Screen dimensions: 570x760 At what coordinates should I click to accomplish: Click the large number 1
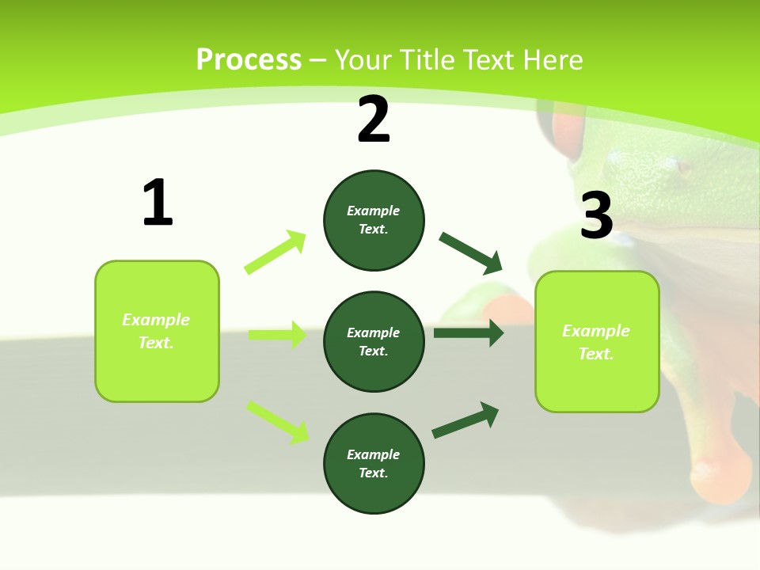(x=158, y=203)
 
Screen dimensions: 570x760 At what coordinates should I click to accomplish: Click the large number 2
(x=374, y=120)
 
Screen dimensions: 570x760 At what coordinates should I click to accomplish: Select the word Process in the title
(x=249, y=59)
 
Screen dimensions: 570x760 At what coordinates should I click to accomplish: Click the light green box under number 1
(x=157, y=331)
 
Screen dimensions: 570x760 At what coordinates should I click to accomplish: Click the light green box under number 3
(x=597, y=342)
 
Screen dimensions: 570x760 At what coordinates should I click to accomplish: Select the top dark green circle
(x=374, y=220)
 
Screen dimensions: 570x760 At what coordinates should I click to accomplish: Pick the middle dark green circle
(x=374, y=342)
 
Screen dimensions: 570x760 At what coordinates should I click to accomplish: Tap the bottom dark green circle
(x=374, y=464)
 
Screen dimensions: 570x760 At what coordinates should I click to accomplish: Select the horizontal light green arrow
(x=278, y=335)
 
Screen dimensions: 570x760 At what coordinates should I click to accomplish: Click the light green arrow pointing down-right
(x=278, y=422)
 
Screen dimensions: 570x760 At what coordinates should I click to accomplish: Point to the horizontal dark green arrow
(x=469, y=333)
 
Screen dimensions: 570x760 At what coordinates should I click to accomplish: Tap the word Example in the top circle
(x=374, y=211)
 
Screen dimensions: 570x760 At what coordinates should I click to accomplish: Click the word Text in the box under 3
(x=595, y=354)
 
